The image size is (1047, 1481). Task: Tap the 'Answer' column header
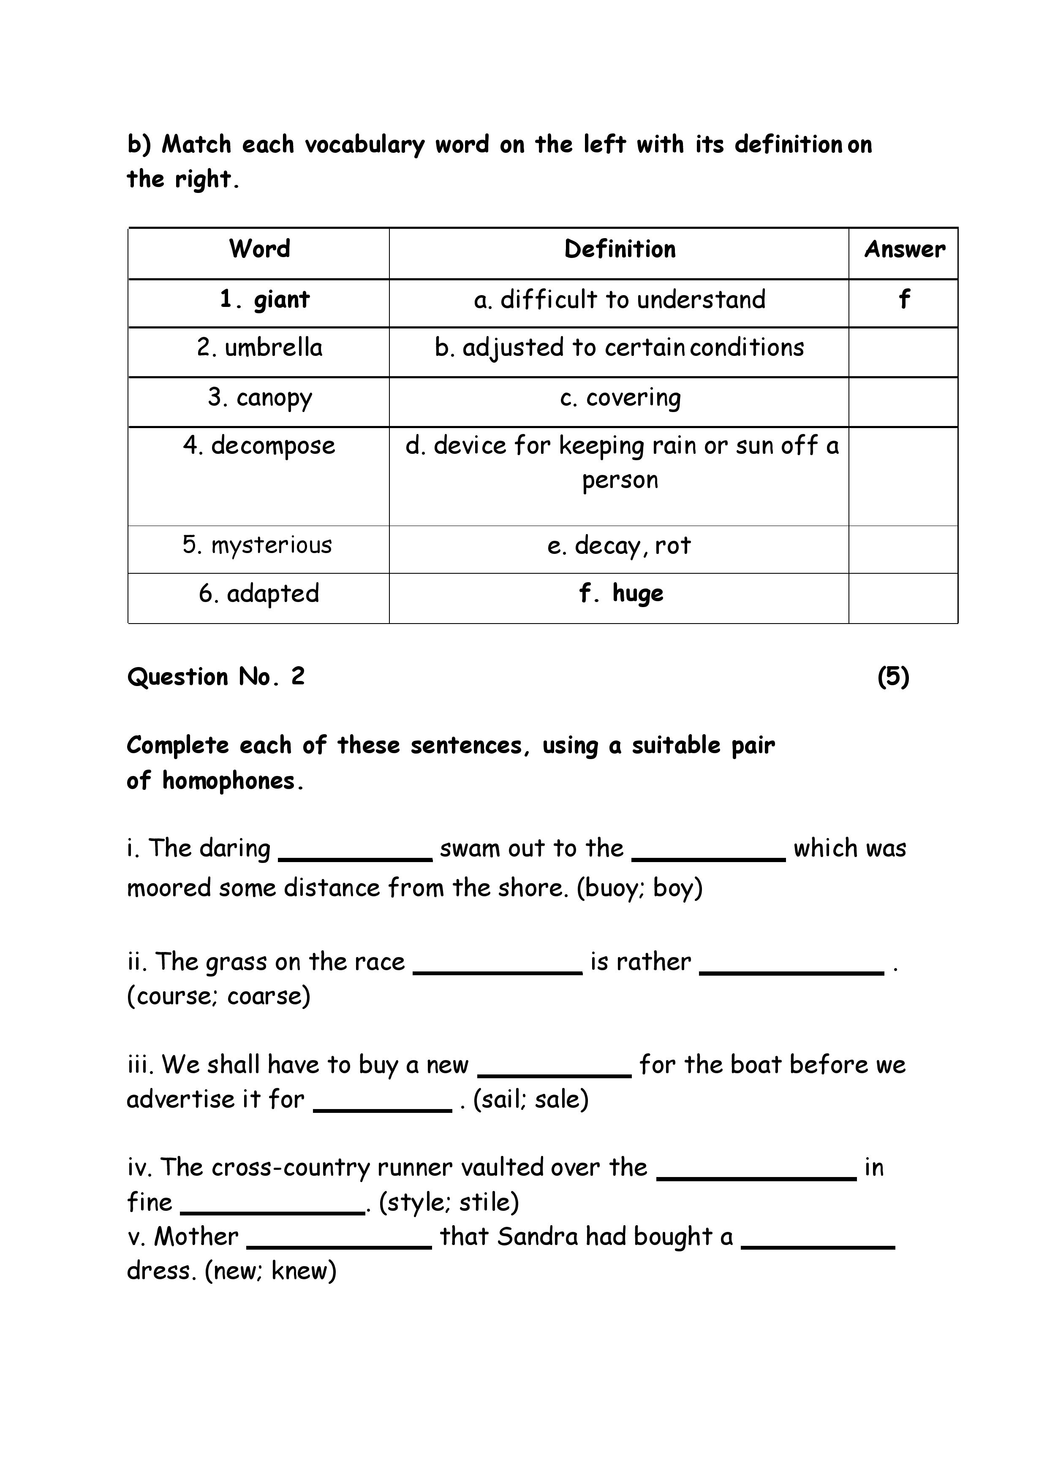click(904, 249)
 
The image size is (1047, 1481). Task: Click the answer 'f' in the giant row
click(904, 299)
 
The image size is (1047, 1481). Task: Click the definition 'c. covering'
click(620, 398)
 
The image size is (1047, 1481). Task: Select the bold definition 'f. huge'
click(620, 594)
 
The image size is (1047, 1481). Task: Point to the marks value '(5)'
click(893, 677)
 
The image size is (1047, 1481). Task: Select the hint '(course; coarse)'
click(219, 996)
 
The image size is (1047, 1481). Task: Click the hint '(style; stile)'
click(449, 1202)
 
